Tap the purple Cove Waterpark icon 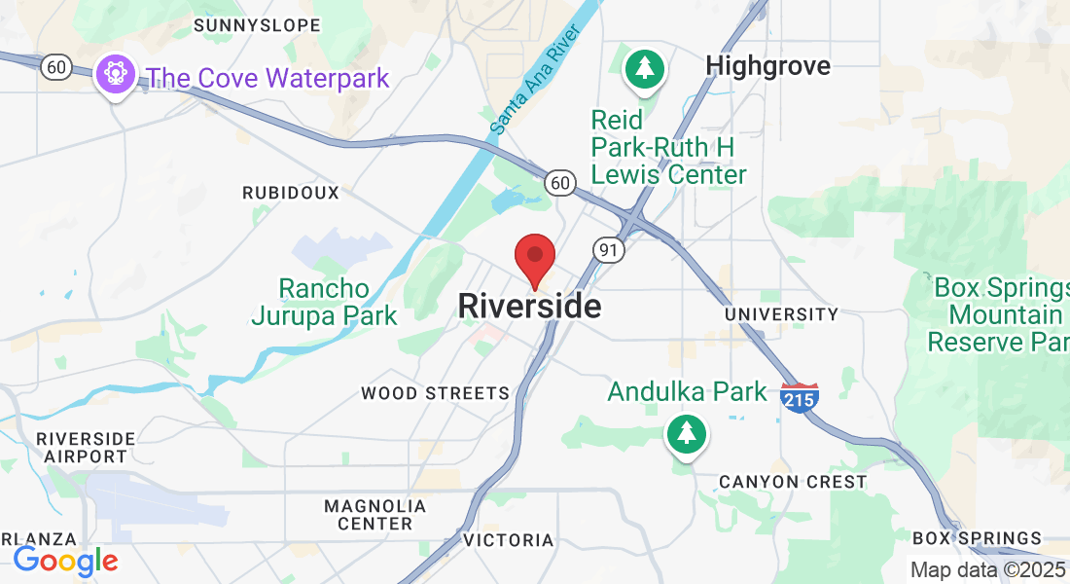115,74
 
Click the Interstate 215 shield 799,397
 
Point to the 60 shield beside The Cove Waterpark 57,67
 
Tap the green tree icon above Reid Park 644,68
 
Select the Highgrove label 767,65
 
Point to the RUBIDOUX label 291,193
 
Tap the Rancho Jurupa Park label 324,302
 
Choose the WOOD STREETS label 435,393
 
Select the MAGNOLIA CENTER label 374,515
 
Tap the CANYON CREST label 792,482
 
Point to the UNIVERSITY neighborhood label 781,314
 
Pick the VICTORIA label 508,540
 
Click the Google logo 65,561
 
